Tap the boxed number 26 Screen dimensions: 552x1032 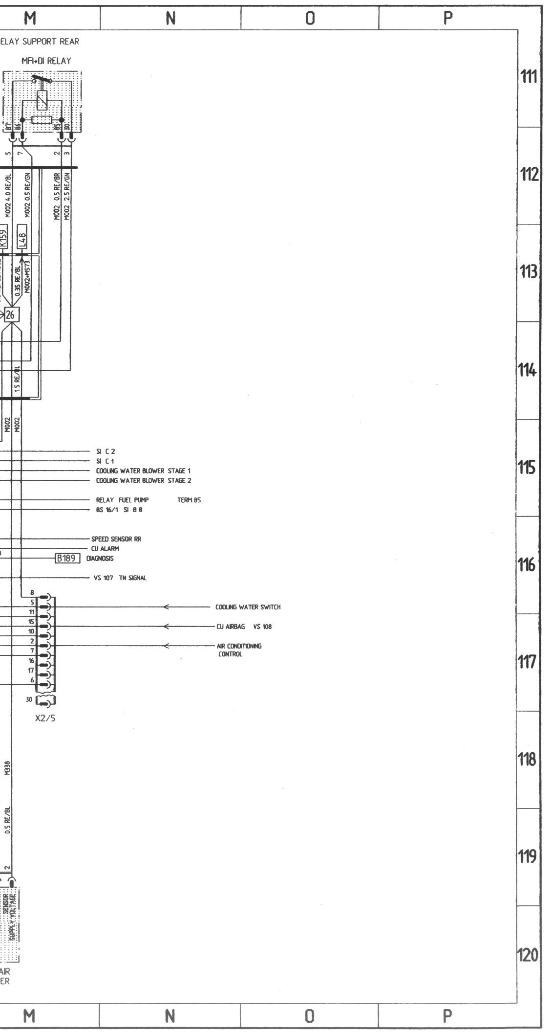(11, 315)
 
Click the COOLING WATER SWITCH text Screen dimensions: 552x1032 (248, 607)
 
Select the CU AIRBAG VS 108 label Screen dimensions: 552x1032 (244, 627)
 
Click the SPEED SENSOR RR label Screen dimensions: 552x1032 (116, 539)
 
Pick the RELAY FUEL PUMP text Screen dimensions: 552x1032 (122, 500)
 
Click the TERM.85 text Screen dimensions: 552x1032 (190, 500)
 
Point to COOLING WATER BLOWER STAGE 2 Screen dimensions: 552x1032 (143, 480)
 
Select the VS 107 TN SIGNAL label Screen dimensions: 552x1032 (120, 578)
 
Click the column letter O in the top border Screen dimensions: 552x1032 (310, 18)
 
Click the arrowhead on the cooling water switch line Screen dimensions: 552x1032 (167, 607)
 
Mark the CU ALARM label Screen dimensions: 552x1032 (105, 549)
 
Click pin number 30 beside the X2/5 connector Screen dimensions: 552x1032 (29, 700)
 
